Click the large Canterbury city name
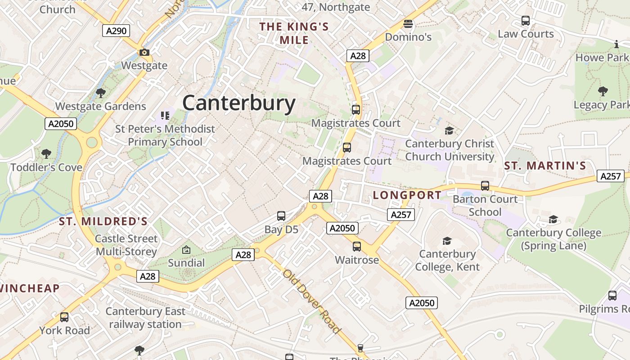point(239,103)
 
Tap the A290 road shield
point(116,31)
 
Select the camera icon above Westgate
point(144,53)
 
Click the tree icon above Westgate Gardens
point(101,93)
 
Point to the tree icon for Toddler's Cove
point(46,154)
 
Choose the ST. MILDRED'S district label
point(103,221)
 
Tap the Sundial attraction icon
point(186,250)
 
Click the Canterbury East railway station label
point(145,318)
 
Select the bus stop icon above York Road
point(64,317)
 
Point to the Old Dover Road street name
point(311,301)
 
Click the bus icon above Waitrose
point(357,247)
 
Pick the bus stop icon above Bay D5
point(281,216)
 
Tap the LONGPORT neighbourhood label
point(407,195)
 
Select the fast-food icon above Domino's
point(408,23)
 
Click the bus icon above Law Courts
point(526,21)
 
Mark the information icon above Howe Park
point(616,44)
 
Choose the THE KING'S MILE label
point(294,33)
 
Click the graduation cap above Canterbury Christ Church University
point(449,131)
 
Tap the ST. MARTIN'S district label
point(545,166)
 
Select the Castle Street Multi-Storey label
point(126,245)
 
